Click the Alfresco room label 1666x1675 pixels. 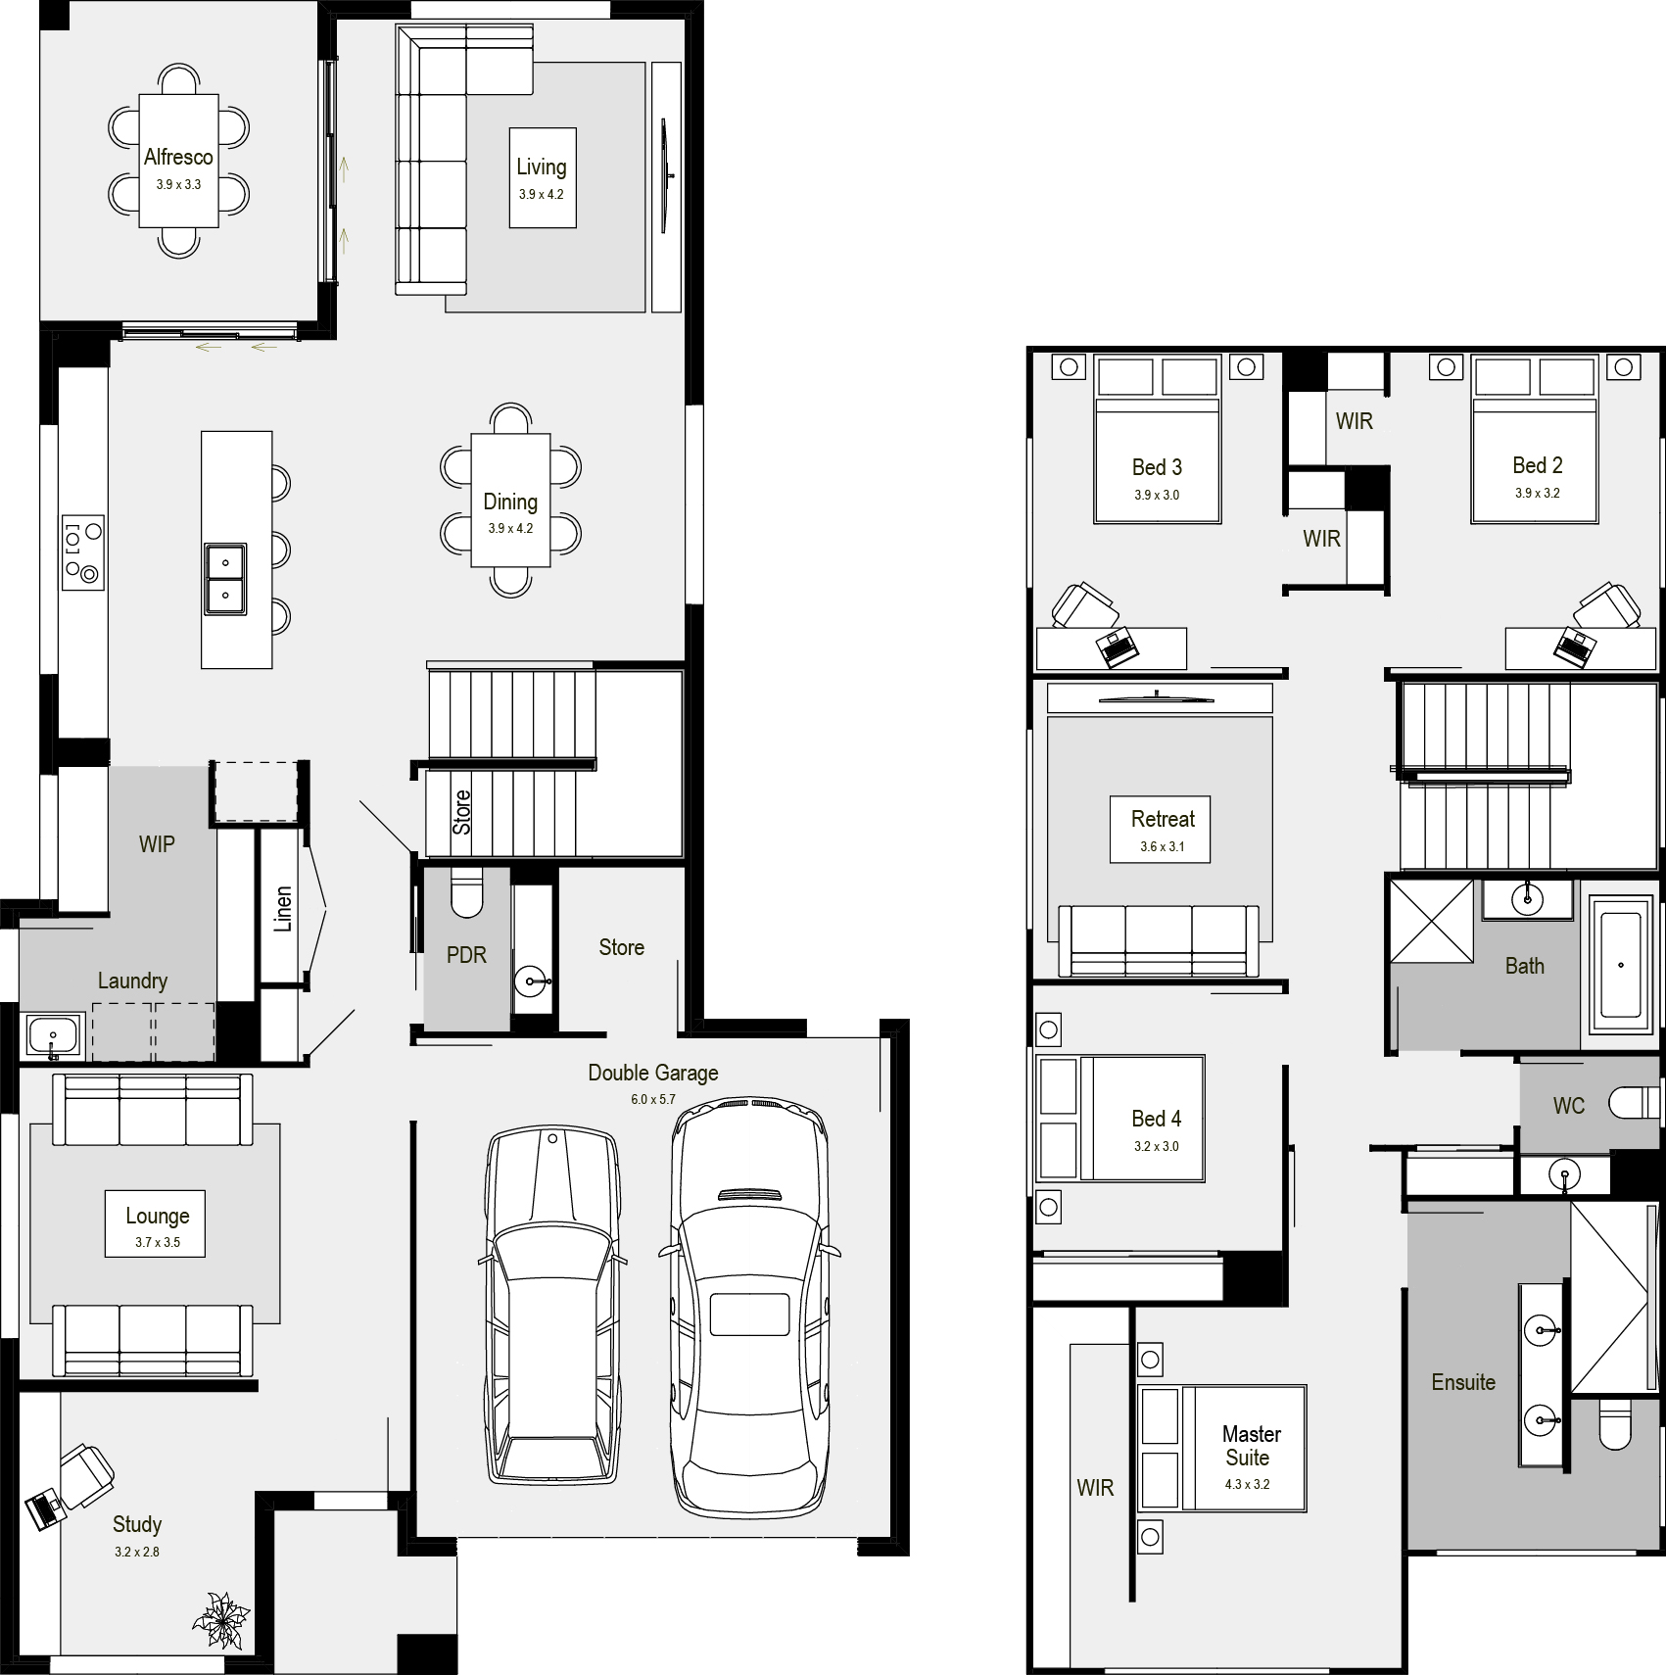(178, 157)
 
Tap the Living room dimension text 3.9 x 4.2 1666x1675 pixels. (542, 195)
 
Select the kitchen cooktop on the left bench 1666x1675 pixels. (83, 552)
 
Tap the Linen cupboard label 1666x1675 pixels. (283, 909)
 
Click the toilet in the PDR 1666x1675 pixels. (467, 892)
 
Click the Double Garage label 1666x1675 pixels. (653, 1073)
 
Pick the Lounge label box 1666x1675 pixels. (156, 1223)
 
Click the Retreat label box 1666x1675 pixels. (1161, 829)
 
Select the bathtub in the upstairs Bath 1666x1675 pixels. (1620, 965)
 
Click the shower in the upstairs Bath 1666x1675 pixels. (1431, 921)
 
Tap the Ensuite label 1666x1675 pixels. (1463, 1382)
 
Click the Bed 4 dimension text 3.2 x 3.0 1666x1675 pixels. (1157, 1146)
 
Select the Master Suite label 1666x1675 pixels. (1251, 1446)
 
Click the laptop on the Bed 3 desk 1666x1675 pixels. (1117, 647)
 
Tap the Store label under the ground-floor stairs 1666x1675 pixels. (461, 812)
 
